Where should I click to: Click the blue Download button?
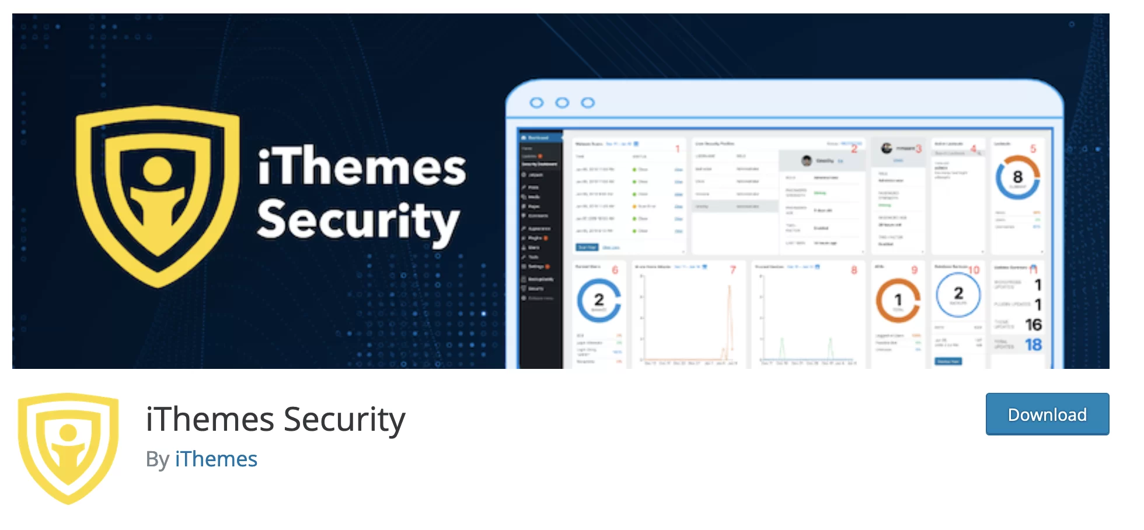click(1047, 414)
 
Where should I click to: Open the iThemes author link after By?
click(216, 459)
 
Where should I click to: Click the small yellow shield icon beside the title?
click(68, 448)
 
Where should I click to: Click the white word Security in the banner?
click(358, 220)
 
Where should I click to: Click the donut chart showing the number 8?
click(1017, 177)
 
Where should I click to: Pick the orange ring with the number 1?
click(898, 301)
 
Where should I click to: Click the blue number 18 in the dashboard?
click(1033, 345)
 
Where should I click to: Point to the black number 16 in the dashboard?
click(1033, 325)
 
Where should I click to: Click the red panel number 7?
click(733, 270)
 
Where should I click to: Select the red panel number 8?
click(854, 270)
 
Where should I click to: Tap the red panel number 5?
click(1033, 149)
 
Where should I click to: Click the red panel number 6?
click(615, 270)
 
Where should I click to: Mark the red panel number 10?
click(974, 270)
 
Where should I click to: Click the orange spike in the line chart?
click(729, 315)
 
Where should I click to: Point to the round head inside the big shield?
click(158, 170)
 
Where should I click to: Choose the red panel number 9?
click(915, 270)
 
